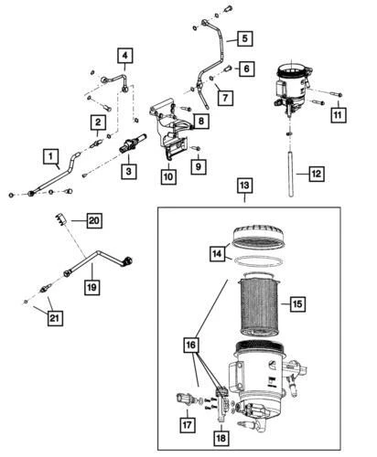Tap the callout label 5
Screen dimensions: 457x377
coord(244,38)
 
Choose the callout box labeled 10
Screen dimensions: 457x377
coord(168,176)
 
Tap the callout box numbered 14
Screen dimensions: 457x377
coord(215,254)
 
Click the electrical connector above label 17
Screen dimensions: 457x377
coord(184,399)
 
